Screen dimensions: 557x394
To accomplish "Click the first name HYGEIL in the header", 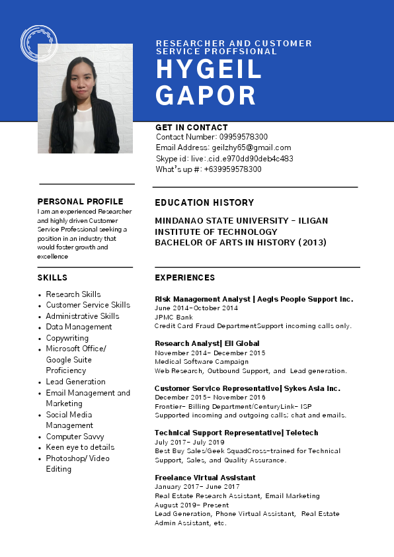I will pyautogui.click(x=209, y=69).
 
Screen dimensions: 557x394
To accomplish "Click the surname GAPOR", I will pyautogui.click(x=206, y=96).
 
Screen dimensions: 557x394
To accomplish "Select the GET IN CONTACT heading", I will pyautogui.click(x=192, y=128).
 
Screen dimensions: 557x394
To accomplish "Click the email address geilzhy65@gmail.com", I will pyautogui.click(x=251, y=148).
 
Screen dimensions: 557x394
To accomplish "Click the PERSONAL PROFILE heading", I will pyautogui.click(x=80, y=202).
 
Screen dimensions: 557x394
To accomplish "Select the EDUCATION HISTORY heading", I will pyautogui.click(x=204, y=203).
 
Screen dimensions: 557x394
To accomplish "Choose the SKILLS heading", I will pyautogui.click(x=52, y=278).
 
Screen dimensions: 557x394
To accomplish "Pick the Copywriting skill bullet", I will pyautogui.click(x=67, y=338).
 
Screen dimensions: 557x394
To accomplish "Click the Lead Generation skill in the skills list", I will pyautogui.click(x=75, y=382).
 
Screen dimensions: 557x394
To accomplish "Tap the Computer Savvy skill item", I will pyautogui.click(x=75, y=437).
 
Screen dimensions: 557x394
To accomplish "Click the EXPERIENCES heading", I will pyautogui.click(x=184, y=278).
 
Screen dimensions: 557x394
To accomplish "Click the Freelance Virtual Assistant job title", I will pyautogui.click(x=205, y=478).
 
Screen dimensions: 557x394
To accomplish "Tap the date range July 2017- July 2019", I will pyautogui.click(x=189, y=442).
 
